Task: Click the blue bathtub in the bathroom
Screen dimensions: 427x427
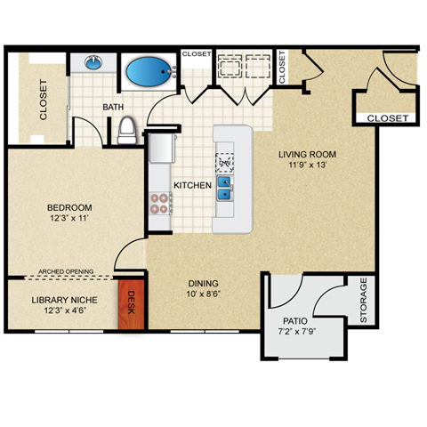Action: point(148,70)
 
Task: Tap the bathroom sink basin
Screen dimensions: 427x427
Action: point(93,63)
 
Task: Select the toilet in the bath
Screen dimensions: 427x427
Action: point(126,132)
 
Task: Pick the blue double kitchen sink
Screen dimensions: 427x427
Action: point(225,189)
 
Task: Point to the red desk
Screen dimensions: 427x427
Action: point(131,305)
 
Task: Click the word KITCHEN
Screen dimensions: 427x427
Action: point(191,186)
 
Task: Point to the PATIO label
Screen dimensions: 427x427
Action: point(295,321)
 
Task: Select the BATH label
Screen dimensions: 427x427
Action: point(113,108)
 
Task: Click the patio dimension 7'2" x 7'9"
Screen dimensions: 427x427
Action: point(295,333)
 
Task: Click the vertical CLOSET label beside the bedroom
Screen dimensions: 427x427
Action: point(43,100)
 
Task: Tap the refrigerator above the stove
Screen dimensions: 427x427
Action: point(161,148)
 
